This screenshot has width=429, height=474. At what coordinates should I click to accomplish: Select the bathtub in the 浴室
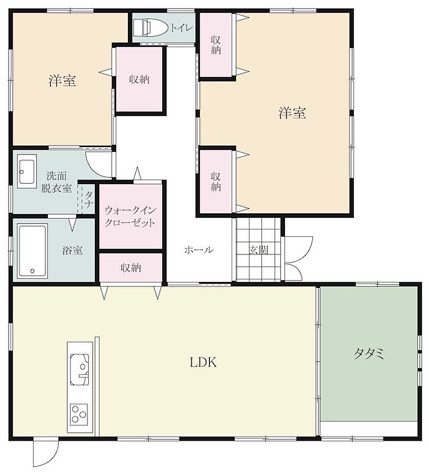coord(32,250)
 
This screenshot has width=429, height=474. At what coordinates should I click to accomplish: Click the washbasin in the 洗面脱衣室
coord(27,171)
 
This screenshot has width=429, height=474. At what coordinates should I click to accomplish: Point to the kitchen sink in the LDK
coord(80,369)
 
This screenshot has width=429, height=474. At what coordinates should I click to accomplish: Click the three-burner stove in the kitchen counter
coord(79,414)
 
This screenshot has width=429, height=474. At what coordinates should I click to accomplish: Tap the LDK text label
coord(203,362)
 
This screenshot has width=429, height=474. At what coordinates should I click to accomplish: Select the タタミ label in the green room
coord(369,353)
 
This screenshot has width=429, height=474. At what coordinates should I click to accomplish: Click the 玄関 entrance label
coord(259,250)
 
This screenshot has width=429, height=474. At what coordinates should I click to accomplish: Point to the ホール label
coord(199,249)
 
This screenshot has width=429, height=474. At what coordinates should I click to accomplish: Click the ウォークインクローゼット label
coord(130,217)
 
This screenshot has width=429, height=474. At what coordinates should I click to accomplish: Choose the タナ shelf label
coord(88,200)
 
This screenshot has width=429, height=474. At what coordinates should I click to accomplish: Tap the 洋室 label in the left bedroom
coord(63,81)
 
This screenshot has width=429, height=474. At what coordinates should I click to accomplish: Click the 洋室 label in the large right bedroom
coord(292,113)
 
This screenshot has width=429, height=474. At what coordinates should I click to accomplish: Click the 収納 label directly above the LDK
coord(131,268)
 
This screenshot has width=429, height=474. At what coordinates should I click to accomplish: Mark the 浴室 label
coord(73,250)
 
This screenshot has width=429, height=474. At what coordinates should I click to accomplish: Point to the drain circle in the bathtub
coord(32,271)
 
